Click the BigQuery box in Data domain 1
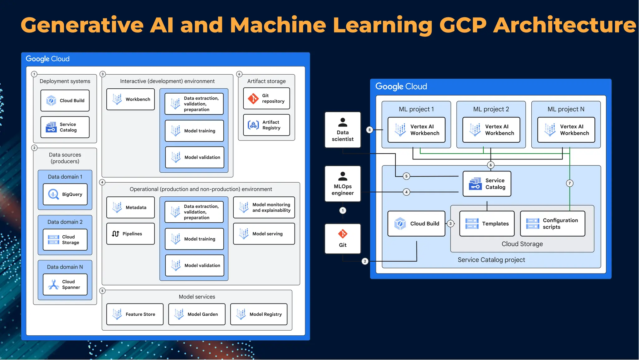(x=65, y=194)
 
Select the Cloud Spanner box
(x=65, y=284)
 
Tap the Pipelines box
(x=130, y=234)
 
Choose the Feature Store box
(x=135, y=314)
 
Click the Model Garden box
(x=197, y=314)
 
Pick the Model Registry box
(x=259, y=314)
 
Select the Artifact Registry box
(x=266, y=125)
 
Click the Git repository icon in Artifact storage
(x=253, y=98)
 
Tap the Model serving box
(x=264, y=234)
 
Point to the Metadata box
(x=130, y=207)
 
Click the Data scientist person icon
(x=343, y=122)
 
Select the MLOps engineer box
(x=343, y=184)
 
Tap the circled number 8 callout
(x=369, y=130)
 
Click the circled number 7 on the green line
(x=570, y=183)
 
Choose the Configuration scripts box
(x=553, y=224)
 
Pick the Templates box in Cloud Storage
(x=487, y=224)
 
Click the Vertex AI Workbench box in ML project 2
(x=491, y=130)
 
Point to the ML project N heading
(x=566, y=109)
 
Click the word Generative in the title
(x=82, y=25)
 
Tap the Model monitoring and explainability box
(x=264, y=207)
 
